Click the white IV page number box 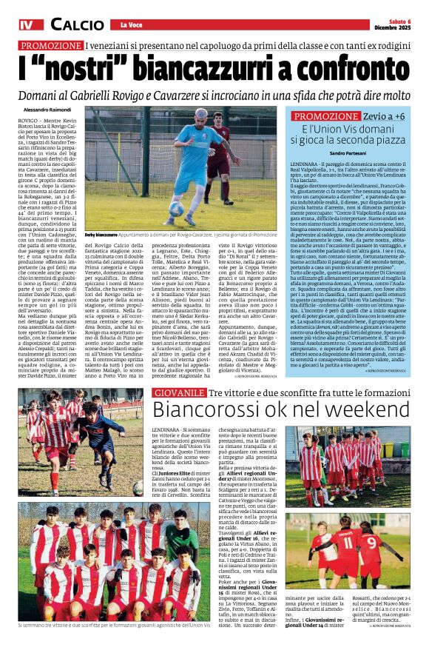pos(27,25)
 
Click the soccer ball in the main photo pos(177,208)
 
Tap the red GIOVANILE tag pos(178,392)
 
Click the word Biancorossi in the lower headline pos(203,412)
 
